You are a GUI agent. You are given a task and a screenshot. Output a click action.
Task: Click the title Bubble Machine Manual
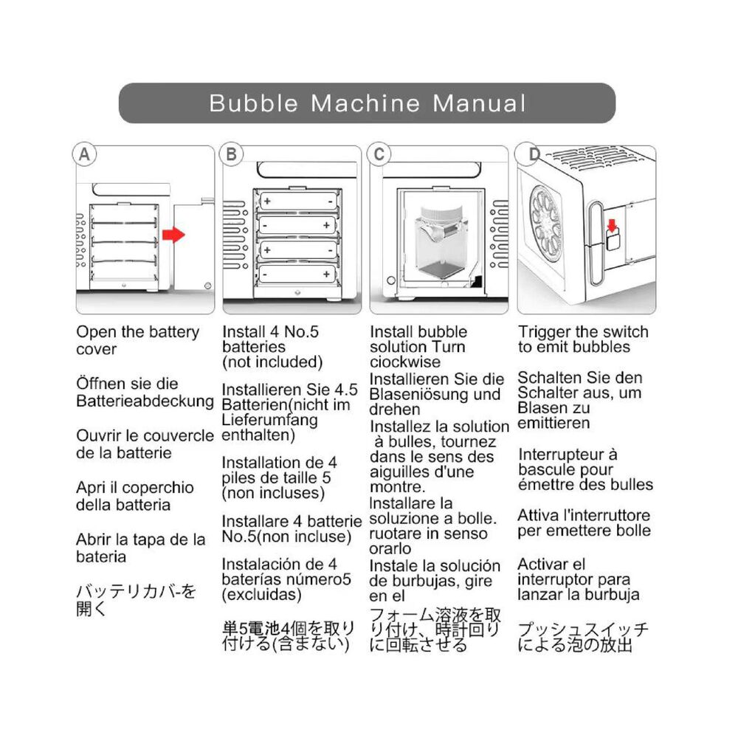click(367, 103)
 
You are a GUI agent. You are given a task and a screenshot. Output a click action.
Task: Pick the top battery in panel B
click(294, 201)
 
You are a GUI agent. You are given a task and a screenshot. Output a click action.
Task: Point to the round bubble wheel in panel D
click(548, 219)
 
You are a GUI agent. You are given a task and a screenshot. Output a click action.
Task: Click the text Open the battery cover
click(137, 340)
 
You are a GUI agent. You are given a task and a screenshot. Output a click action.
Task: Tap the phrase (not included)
click(272, 362)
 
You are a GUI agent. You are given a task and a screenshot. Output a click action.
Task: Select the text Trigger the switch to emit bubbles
click(582, 339)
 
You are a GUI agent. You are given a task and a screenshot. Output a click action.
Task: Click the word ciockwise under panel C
click(405, 362)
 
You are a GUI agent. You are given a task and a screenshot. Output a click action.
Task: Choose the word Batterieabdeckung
click(145, 401)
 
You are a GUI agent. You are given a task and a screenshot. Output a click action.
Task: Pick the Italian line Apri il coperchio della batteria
click(134, 496)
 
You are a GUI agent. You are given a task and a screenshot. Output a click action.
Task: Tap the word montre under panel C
click(397, 488)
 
